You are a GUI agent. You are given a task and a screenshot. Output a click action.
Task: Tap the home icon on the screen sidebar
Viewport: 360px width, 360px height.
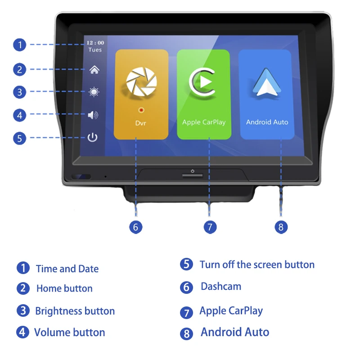pos(94,70)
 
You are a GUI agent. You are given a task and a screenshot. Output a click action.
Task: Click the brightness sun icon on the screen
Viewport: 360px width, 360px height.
pos(94,92)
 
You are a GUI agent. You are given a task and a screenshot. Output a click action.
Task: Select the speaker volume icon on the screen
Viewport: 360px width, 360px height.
pos(93,115)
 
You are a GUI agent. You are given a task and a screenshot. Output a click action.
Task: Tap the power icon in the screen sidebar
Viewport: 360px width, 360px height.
pos(92,137)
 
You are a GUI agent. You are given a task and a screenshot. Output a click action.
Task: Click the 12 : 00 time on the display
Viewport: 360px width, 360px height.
pos(95,43)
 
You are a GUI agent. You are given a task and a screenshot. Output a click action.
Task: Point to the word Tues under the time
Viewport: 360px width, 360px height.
pos(95,50)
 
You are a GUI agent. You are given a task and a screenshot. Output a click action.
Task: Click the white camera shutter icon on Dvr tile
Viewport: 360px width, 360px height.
pos(141,81)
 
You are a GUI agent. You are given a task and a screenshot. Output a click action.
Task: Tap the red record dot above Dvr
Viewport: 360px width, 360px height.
pos(141,110)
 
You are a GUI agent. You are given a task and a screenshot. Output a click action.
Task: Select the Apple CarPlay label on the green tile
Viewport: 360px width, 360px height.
pos(204,122)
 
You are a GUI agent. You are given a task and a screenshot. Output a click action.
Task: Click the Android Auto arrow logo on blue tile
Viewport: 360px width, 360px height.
pos(266,82)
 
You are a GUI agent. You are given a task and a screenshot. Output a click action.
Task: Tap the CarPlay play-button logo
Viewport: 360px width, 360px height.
pos(202,82)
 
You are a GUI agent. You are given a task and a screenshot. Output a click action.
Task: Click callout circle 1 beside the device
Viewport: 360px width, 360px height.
pos(19,45)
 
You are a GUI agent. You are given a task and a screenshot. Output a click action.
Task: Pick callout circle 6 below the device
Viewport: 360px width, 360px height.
pos(136,227)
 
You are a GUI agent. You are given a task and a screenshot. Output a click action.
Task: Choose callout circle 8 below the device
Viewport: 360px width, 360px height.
pos(281,227)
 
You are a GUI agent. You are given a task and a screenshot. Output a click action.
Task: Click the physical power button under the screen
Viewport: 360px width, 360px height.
pos(193,175)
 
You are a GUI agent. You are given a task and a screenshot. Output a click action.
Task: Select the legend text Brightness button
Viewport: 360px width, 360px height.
pos(75,311)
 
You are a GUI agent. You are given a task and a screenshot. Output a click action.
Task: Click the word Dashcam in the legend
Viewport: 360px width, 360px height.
pos(221,287)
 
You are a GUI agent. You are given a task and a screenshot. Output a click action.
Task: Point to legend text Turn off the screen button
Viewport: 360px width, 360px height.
pos(257,265)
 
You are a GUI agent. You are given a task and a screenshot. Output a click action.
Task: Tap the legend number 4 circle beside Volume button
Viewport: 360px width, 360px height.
pos(22,332)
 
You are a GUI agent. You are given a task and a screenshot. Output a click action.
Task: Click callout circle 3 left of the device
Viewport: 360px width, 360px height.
pos(19,92)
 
